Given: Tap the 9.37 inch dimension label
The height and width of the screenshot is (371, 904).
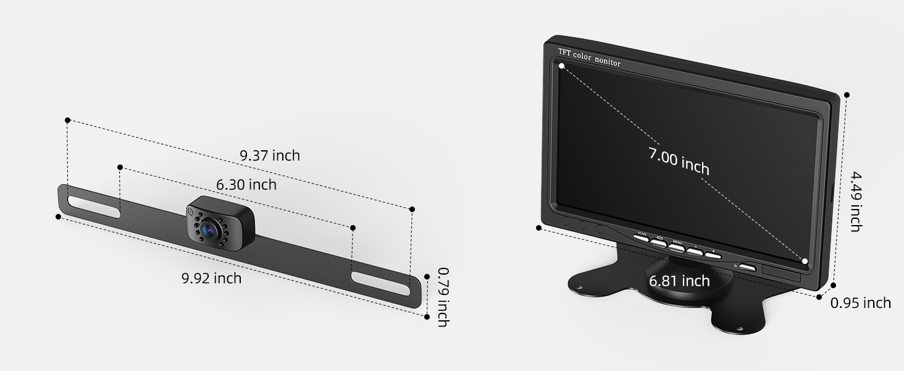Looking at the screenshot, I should pyautogui.click(x=270, y=155).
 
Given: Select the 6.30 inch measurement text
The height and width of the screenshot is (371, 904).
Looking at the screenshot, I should pyautogui.click(x=246, y=184).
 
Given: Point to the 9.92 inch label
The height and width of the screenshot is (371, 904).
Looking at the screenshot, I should pyautogui.click(x=211, y=278).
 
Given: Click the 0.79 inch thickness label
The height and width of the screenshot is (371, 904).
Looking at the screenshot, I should pyautogui.click(x=443, y=296).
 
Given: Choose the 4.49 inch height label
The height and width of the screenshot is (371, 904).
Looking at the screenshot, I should pyautogui.click(x=855, y=202).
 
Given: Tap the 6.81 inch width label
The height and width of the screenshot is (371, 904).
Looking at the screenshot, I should pyautogui.click(x=679, y=281).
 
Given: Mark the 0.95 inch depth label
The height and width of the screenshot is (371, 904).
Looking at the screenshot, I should pyautogui.click(x=861, y=302).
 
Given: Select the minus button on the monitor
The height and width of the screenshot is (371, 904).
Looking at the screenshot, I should pyautogui.click(x=695, y=250).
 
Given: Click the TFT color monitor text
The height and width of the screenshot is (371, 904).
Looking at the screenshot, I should pyautogui.click(x=589, y=58).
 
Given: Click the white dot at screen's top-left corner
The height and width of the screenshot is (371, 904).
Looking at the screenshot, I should pyautogui.click(x=561, y=66).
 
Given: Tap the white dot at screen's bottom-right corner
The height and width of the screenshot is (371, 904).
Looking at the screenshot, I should pyautogui.click(x=805, y=262).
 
